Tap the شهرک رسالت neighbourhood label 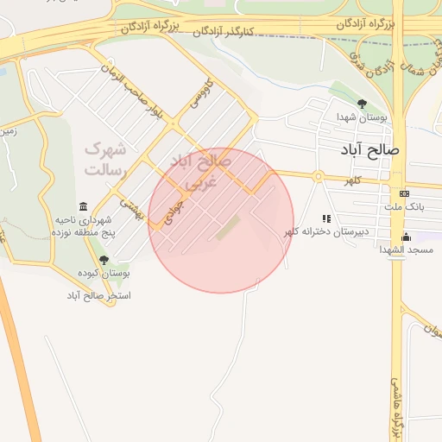pyautogui.click(x=105, y=160)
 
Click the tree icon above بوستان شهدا pyautogui.click(x=362, y=104)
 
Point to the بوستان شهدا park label pyautogui.click(x=362, y=117)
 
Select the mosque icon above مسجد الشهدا pyautogui.click(x=406, y=237)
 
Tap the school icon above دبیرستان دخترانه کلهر pyautogui.click(x=326, y=219)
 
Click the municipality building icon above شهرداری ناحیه pyautogui.click(x=83, y=206)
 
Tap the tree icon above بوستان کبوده pyautogui.click(x=104, y=260)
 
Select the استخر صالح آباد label pyautogui.click(x=99, y=295)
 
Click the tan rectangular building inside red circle pyautogui.click(x=228, y=229)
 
